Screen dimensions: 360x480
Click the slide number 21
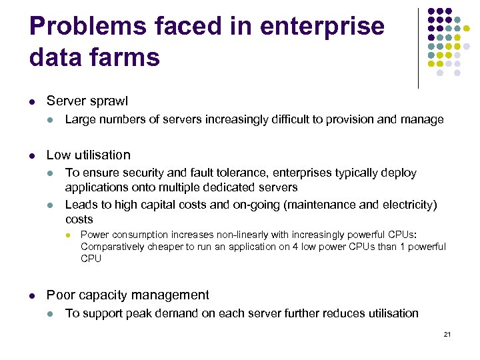tap(447, 334)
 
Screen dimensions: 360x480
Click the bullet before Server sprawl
tap(32, 102)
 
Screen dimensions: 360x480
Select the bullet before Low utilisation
tap(32, 155)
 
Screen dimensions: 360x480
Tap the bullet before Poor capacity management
tap(32, 295)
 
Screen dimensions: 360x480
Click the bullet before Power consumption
tap(67, 235)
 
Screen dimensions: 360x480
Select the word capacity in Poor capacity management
tap(101, 295)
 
